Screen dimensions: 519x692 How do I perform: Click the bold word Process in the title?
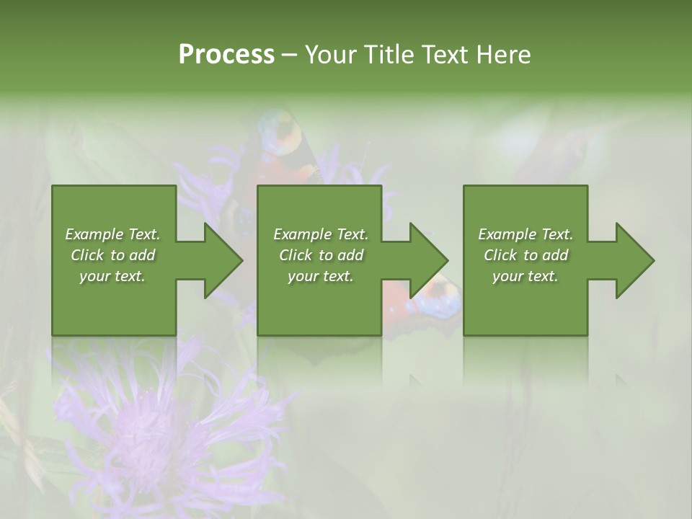[226, 55]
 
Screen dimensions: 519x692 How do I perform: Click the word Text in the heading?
[445, 55]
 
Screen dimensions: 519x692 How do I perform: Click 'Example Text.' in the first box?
[112, 234]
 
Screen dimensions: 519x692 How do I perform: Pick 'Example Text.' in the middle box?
[321, 234]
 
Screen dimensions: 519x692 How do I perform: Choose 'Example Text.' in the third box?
[525, 234]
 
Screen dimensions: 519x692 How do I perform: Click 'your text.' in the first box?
[112, 276]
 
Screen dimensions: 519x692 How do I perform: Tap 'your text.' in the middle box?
[321, 276]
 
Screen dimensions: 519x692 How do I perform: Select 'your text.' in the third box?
[525, 276]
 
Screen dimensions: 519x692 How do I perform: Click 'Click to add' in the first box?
[112, 255]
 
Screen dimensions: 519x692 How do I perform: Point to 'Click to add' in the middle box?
[321, 255]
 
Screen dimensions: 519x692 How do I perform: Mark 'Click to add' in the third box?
[525, 255]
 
